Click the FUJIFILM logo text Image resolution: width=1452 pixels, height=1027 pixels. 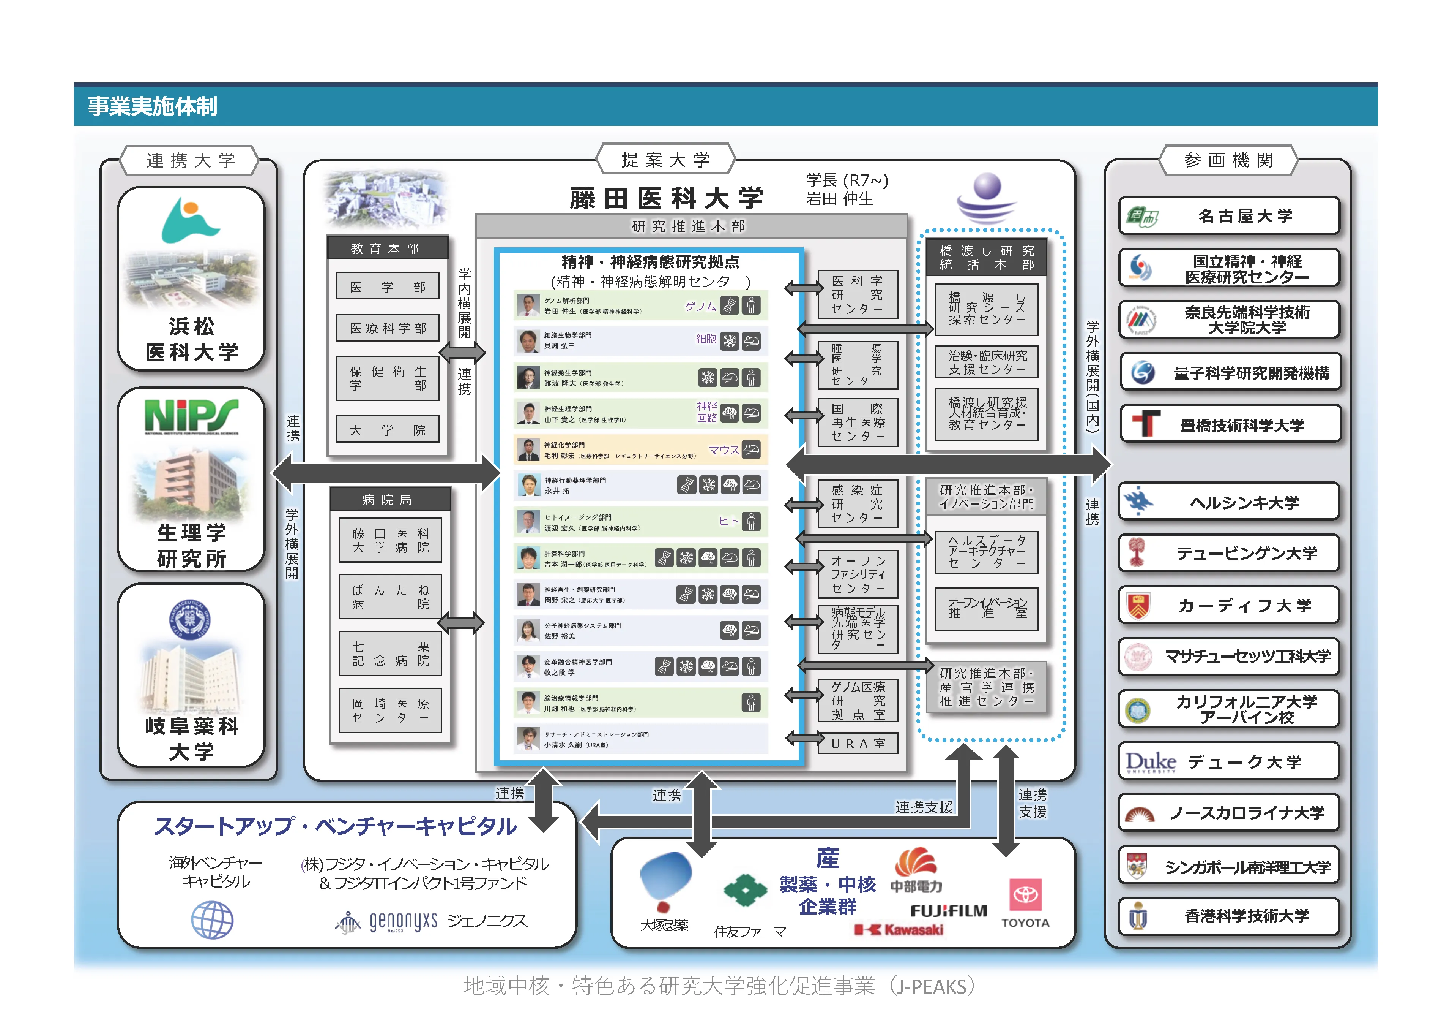point(949,911)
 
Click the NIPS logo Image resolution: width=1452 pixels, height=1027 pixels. point(191,417)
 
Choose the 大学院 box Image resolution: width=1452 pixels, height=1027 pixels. point(387,430)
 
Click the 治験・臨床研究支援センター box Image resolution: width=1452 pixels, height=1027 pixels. point(987,362)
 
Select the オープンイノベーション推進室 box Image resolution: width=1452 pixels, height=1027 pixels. point(987,608)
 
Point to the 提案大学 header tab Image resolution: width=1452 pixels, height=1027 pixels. point(665,160)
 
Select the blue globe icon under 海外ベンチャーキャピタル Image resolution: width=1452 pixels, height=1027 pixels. point(213,920)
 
